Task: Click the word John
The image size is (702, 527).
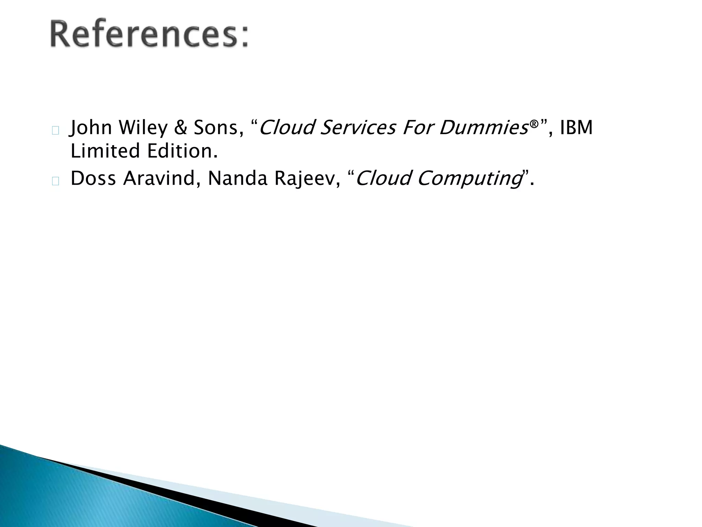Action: (x=91, y=128)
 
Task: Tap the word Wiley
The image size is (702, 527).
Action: (x=144, y=128)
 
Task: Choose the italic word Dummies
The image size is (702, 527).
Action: (x=483, y=128)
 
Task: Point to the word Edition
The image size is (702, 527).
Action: (x=182, y=151)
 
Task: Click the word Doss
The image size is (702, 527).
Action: (x=93, y=178)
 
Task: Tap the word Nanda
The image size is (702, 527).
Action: (x=238, y=178)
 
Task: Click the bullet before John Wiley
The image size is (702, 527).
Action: (x=56, y=130)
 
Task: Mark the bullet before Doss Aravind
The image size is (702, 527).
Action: (x=56, y=181)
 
